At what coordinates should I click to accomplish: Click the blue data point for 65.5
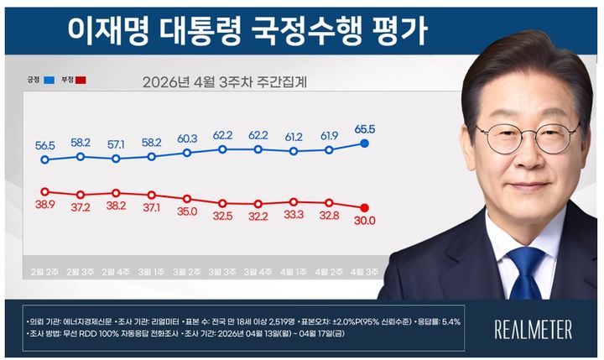[x=365, y=143]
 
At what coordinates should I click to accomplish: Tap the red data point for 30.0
[x=365, y=207]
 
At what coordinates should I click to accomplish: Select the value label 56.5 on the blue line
[x=44, y=143]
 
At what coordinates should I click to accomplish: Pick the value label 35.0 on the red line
[x=187, y=211]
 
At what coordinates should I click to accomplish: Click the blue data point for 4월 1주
[x=294, y=151]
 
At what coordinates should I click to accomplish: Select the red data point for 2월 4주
[x=116, y=192]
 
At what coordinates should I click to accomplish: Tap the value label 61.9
[x=329, y=135]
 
